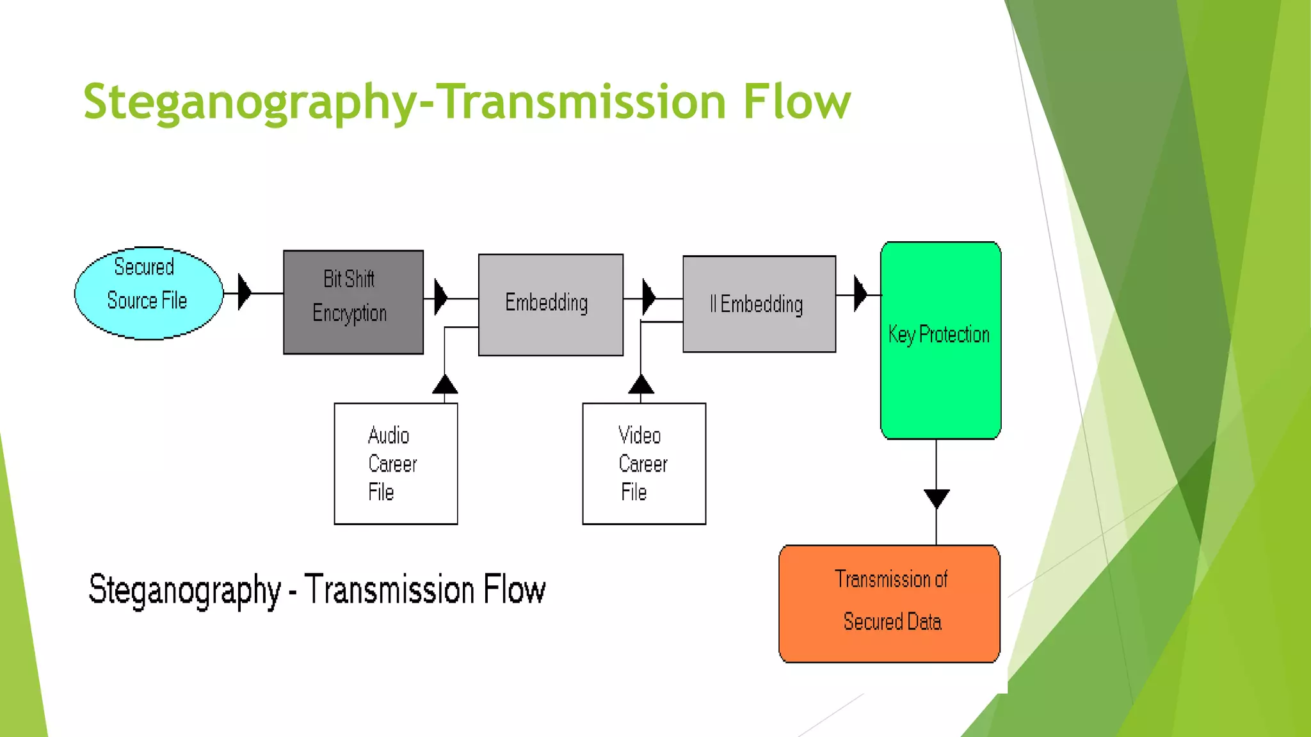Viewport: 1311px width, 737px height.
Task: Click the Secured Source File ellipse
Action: pyautogui.click(x=149, y=293)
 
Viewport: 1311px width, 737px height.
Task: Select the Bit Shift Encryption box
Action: pyautogui.click(x=353, y=302)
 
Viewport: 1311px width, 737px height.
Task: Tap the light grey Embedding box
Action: pyautogui.click(x=551, y=305)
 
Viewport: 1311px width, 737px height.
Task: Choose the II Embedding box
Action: pyautogui.click(x=759, y=304)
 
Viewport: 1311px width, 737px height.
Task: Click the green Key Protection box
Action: pyautogui.click(x=940, y=340)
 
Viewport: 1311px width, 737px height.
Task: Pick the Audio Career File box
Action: pyautogui.click(x=396, y=464)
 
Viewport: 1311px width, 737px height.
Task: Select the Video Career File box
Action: pyautogui.click(x=644, y=464)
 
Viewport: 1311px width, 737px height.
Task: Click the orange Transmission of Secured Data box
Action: pyautogui.click(x=889, y=603)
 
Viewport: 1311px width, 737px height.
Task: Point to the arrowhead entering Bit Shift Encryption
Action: pyautogui.click(x=244, y=292)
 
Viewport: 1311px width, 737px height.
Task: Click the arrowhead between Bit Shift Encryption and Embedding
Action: pyautogui.click(x=440, y=297)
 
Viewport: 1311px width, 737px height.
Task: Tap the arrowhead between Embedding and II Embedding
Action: pyautogui.click(x=648, y=297)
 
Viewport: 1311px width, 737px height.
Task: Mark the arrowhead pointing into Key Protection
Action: pyautogui.click(x=860, y=294)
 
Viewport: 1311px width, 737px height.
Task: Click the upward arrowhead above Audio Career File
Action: pyautogui.click(x=445, y=384)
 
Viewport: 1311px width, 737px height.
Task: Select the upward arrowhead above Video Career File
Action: pyautogui.click(x=641, y=384)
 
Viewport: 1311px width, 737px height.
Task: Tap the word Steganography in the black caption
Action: pyautogui.click(x=184, y=590)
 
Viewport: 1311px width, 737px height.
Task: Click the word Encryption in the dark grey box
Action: pyautogui.click(x=350, y=313)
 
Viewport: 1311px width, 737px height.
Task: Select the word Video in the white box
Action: pyautogui.click(x=639, y=436)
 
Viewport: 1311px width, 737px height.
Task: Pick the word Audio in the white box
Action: pyautogui.click(x=389, y=436)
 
